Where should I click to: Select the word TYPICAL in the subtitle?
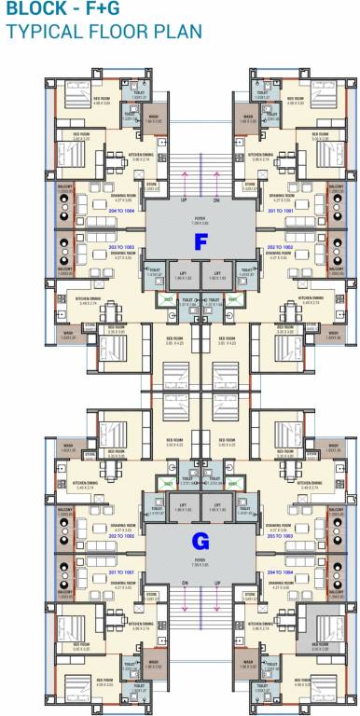coord(40,32)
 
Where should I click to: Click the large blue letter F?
coord(200,242)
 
